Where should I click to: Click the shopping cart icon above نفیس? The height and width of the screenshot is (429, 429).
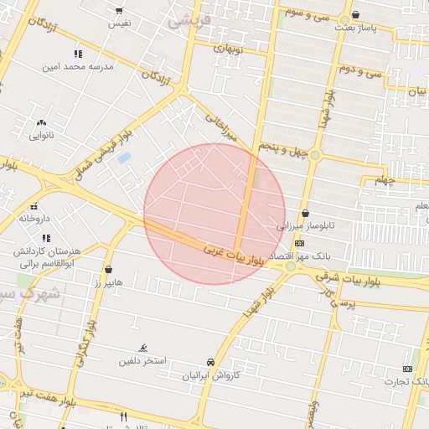click(118, 11)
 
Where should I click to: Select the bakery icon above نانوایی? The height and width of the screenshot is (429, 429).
click(41, 122)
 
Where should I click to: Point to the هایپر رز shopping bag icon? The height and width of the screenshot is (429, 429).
click(109, 269)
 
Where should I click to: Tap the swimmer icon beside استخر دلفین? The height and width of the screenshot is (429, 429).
click(143, 348)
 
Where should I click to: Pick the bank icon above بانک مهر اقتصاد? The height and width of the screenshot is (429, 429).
click(299, 242)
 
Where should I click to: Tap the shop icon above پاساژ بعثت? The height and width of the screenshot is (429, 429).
click(356, 14)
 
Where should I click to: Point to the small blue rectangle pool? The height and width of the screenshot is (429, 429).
click(124, 158)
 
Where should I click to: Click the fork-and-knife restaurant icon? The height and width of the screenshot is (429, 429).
click(123, 416)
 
